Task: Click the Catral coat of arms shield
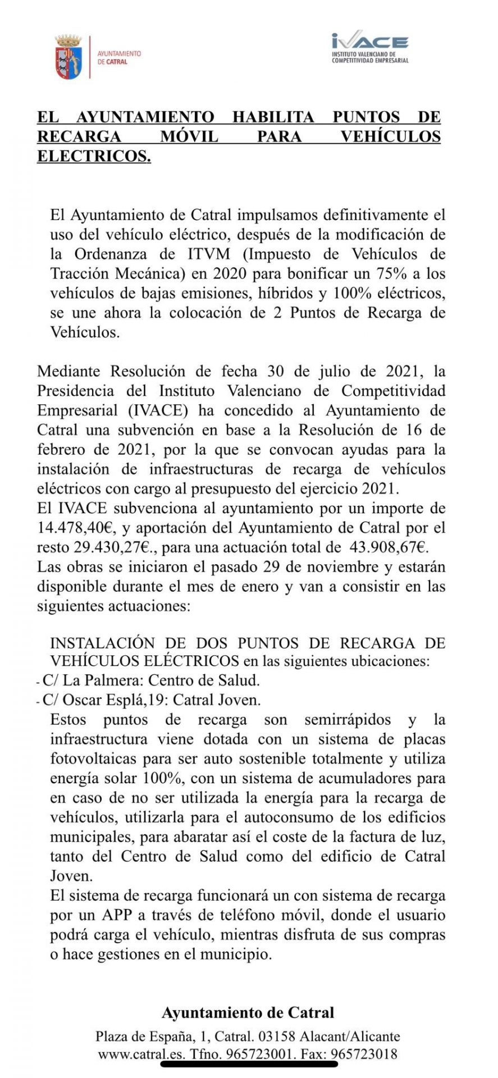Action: pyautogui.click(x=68, y=57)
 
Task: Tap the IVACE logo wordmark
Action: pyautogui.click(x=369, y=43)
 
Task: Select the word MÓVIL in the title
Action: pyautogui.click(x=188, y=136)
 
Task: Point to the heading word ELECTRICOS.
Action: pyautogui.click(x=94, y=156)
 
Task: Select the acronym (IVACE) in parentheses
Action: pyautogui.click(x=158, y=410)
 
